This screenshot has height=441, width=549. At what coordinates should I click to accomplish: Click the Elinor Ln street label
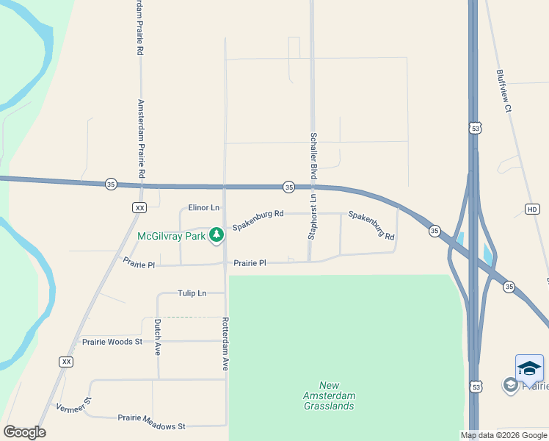tap(204, 208)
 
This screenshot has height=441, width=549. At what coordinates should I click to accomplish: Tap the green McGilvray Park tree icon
tap(217, 235)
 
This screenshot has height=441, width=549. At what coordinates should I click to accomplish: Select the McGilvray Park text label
tap(170, 236)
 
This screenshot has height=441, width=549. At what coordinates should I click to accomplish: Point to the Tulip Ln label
tap(192, 293)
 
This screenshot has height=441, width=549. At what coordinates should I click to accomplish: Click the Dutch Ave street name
tap(157, 337)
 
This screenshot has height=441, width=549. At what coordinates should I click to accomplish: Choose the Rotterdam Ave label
tap(225, 343)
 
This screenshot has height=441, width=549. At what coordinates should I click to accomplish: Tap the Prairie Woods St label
tap(112, 342)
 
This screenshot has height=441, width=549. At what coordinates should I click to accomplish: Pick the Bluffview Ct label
tap(503, 91)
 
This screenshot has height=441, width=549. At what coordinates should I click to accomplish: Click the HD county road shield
tap(532, 209)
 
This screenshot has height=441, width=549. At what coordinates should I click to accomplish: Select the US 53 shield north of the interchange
tap(476, 129)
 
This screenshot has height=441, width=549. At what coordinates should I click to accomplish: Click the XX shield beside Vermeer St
tap(67, 362)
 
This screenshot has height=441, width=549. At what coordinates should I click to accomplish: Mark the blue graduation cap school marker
tap(529, 367)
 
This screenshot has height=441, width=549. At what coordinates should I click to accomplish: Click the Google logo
tap(24, 432)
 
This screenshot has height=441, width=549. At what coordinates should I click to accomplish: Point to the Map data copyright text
tap(503, 435)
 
